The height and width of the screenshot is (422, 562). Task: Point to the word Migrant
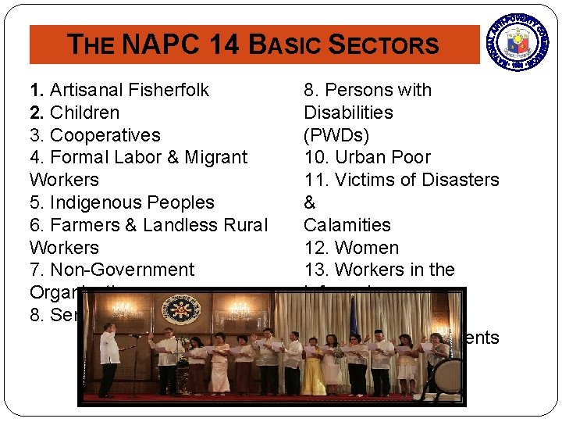[x=215, y=157]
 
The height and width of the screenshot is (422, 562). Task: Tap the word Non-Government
[x=122, y=270]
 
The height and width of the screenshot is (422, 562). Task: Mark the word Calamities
[x=347, y=225]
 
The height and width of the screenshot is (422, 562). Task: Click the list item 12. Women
[x=351, y=248]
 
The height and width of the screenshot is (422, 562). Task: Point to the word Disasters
[x=460, y=180]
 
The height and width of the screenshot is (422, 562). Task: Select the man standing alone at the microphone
[x=109, y=359]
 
